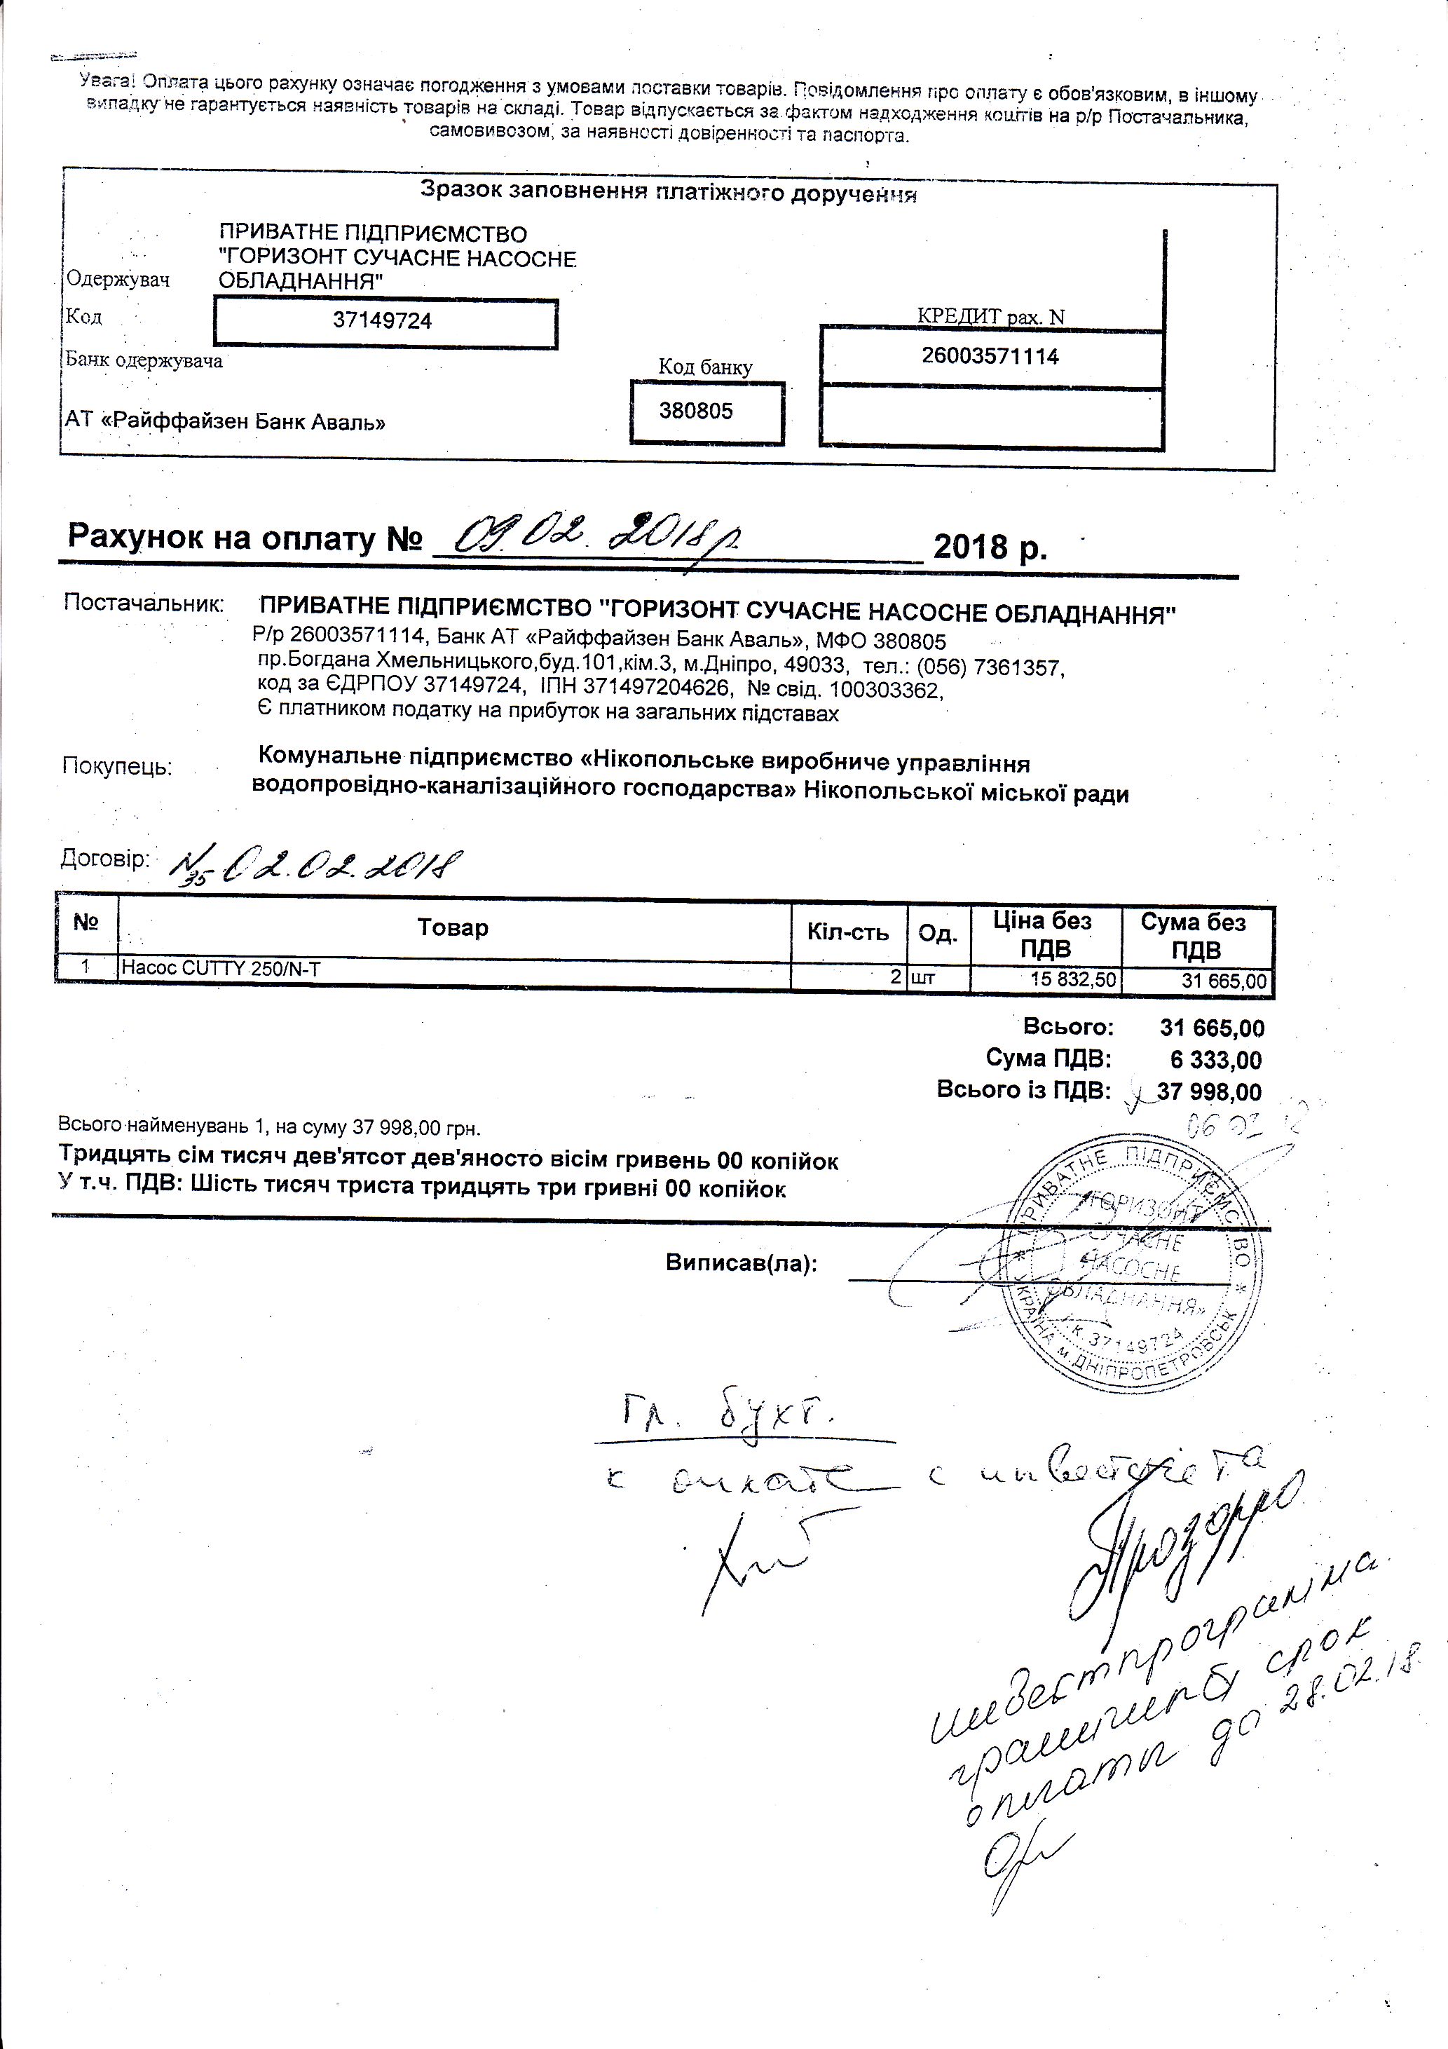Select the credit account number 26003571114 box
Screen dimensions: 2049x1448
pyautogui.click(x=990, y=357)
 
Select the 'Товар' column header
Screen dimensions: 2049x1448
pyautogui.click(x=453, y=928)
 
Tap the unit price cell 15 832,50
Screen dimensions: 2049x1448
pyautogui.click(x=1072, y=979)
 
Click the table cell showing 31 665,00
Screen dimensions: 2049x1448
pyautogui.click(x=1224, y=981)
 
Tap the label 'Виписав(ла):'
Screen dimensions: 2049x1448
pyautogui.click(x=742, y=1264)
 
